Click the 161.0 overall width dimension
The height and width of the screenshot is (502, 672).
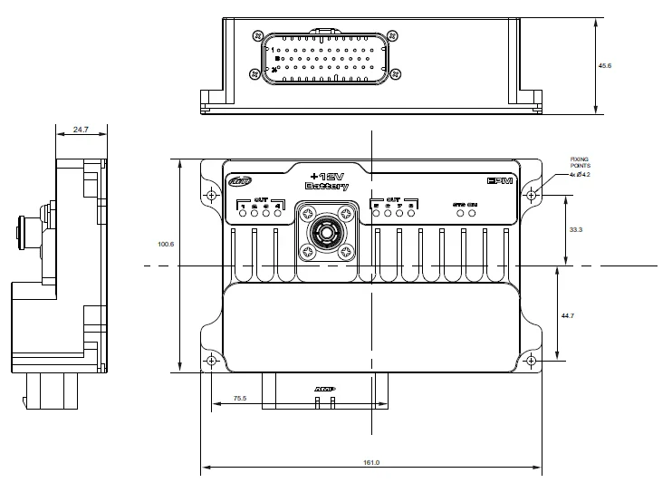[x=371, y=462]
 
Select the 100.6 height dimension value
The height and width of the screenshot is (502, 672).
[x=165, y=244]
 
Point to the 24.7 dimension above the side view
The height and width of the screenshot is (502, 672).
[x=80, y=130]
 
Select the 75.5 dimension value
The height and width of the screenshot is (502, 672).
[x=240, y=397]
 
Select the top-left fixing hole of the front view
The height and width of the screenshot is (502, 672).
[x=211, y=195]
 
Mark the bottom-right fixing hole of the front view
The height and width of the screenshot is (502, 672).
[x=531, y=362]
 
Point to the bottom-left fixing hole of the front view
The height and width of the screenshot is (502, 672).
[x=211, y=362]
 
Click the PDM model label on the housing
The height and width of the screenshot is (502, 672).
[x=500, y=181]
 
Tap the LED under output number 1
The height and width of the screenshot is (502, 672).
[x=243, y=215]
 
